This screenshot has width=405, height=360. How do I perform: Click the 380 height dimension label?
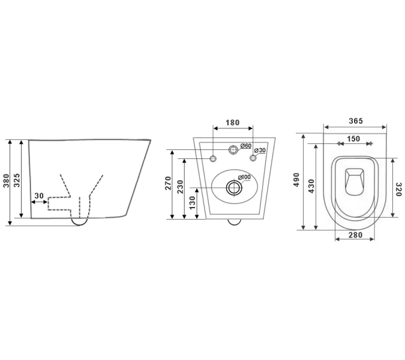[6, 181]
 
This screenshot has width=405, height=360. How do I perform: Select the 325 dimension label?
[17, 181]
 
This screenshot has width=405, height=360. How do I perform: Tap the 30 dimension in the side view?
[39, 196]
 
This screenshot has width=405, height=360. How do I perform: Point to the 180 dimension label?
[233, 122]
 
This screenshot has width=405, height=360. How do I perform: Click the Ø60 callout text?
[246, 146]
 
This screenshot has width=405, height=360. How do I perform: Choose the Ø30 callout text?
[260, 151]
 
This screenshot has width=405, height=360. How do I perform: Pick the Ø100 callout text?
[244, 178]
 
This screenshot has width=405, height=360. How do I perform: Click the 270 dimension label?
[168, 183]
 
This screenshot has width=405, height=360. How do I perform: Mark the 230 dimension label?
[180, 187]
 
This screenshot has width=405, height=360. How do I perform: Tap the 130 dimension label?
[193, 203]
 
